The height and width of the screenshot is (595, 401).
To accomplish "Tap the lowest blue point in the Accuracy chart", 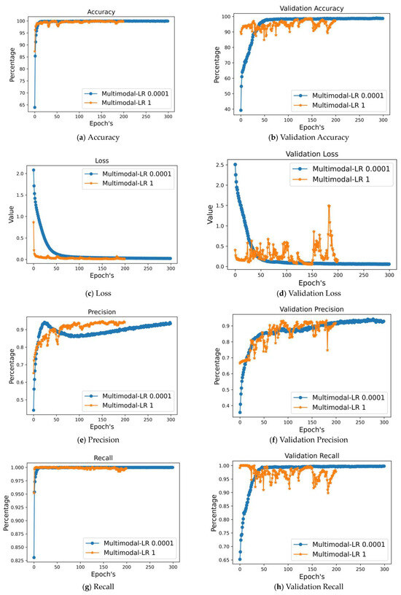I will [x=34, y=107].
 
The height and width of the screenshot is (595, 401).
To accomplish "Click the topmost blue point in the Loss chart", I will [x=34, y=170].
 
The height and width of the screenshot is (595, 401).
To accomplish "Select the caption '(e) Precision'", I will [x=102, y=439].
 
